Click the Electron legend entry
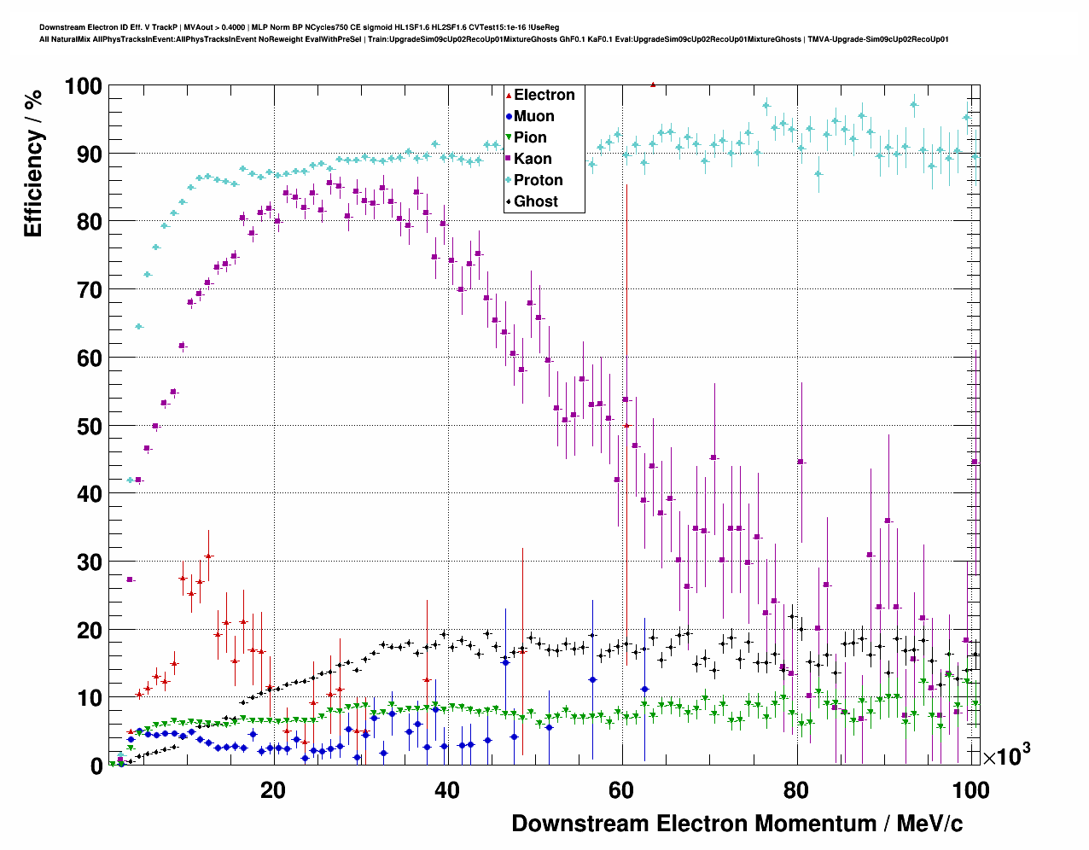click(x=544, y=95)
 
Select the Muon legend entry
click(x=533, y=116)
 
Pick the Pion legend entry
click(x=530, y=137)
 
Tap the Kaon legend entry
click(x=533, y=159)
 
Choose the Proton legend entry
click(x=538, y=180)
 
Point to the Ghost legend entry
click(x=535, y=201)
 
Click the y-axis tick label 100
click(x=84, y=86)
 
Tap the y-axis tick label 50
click(x=90, y=426)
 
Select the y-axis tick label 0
click(x=96, y=766)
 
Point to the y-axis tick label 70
click(x=90, y=290)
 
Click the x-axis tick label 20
click(x=273, y=790)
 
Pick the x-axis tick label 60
click(x=622, y=790)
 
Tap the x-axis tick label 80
click(x=796, y=790)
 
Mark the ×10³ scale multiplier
click(x=1007, y=754)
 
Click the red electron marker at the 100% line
click(x=653, y=84)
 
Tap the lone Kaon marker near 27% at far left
click(x=130, y=579)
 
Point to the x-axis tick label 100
click(x=970, y=790)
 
